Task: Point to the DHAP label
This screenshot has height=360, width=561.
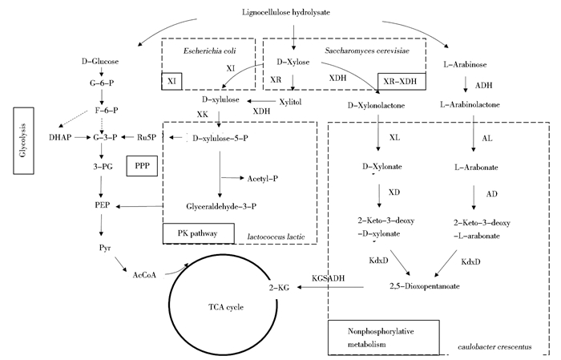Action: (61, 137)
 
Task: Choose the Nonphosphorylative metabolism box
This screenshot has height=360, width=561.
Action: (385, 336)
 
